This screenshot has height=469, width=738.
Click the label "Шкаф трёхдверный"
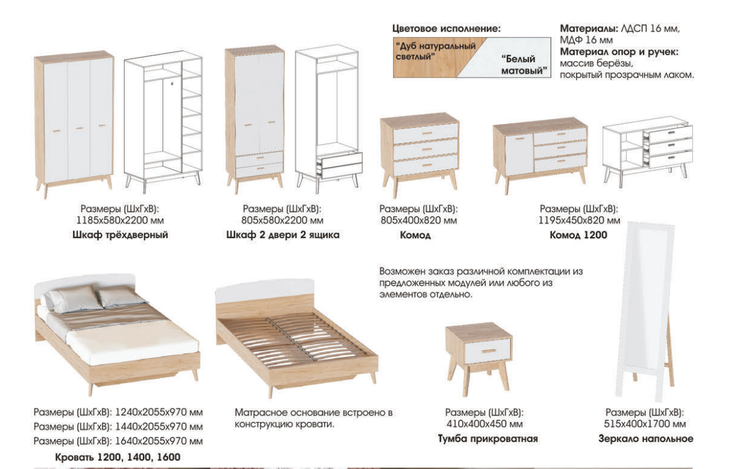[x=120, y=234]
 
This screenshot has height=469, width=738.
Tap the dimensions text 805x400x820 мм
[x=418, y=220]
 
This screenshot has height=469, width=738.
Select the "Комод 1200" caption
[x=579, y=234]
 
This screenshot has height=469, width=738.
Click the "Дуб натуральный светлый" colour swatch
[x=428, y=58]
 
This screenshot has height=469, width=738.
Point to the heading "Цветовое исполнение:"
[x=447, y=28]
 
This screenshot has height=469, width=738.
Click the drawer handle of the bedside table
[x=488, y=351]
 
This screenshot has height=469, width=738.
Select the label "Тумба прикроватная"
[x=488, y=439]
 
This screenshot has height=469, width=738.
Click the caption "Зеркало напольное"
[x=646, y=439]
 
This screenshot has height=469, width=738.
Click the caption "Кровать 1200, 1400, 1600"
[x=117, y=457]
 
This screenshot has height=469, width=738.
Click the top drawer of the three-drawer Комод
[x=425, y=134]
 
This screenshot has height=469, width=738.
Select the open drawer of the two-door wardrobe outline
[x=339, y=165]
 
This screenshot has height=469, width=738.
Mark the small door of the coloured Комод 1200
[x=520, y=154]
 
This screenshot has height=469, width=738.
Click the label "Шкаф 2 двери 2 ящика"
[x=282, y=234]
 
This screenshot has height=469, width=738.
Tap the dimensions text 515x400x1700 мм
[x=645, y=424]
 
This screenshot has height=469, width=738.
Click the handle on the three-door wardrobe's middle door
[x=79, y=128]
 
